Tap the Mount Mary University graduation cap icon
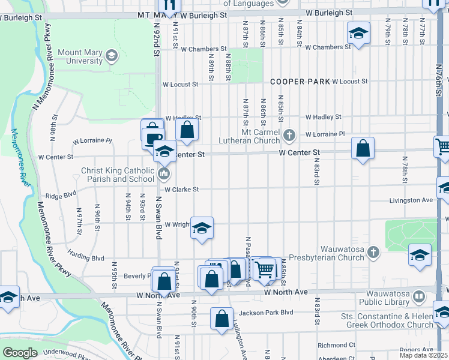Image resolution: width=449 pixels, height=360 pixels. click(x=111, y=56)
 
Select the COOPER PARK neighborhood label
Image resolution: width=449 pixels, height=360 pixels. click(x=300, y=81)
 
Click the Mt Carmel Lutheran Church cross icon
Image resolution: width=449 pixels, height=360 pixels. click(x=289, y=134)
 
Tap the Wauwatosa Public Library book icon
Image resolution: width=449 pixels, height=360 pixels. click(x=419, y=296)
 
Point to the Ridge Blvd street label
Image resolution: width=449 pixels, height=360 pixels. click(x=62, y=195)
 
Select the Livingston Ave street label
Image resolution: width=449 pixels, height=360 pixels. click(x=411, y=200)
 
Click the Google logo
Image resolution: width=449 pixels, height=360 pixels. click(x=20, y=352)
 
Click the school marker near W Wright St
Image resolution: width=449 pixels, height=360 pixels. click(x=202, y=228)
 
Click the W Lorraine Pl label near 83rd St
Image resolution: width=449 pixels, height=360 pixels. click(x=325, y=134)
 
